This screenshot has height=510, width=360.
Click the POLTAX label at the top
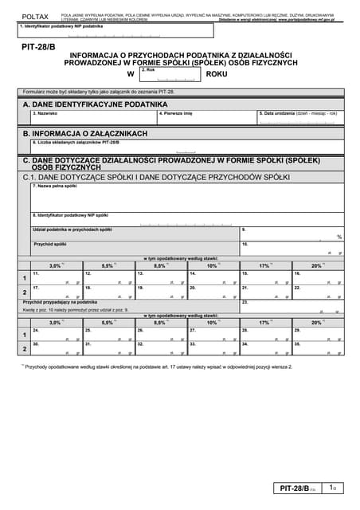tap(34, 16)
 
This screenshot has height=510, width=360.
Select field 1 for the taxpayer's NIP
tap(115, 32)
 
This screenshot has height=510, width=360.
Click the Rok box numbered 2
tap(170, 74)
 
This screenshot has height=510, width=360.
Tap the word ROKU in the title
tap(216, 74)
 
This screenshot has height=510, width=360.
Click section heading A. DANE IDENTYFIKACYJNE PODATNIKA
tap(96, 104)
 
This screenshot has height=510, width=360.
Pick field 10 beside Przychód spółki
tap(292, 248)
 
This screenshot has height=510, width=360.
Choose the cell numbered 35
tap(318, 348)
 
